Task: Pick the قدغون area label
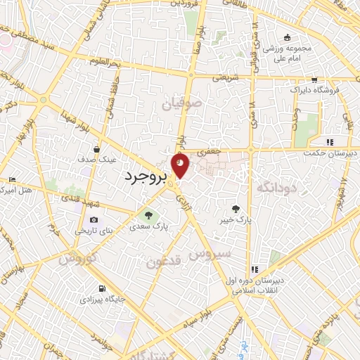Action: click(x=165, y=262)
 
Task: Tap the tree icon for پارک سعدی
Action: click(x=148, y=214)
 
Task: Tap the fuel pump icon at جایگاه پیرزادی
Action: click(x=103, y=288)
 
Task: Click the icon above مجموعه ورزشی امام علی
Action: click(x=287, y=38)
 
